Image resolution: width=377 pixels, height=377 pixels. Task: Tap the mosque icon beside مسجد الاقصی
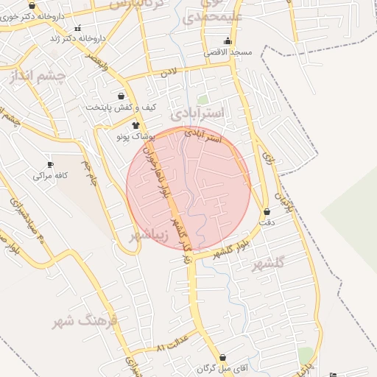227,41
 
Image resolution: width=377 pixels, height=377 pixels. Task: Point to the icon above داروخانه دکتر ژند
78,28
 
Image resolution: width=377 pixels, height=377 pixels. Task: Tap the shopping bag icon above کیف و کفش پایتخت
121,96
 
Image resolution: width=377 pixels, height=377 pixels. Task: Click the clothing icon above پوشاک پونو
135,126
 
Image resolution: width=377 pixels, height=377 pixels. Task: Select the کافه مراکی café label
50,176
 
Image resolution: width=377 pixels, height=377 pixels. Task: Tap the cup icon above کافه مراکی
50,164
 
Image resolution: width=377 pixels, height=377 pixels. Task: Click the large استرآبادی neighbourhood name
201,114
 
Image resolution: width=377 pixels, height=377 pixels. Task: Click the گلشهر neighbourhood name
267,266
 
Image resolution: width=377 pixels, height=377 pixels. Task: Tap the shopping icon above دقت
267,212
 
